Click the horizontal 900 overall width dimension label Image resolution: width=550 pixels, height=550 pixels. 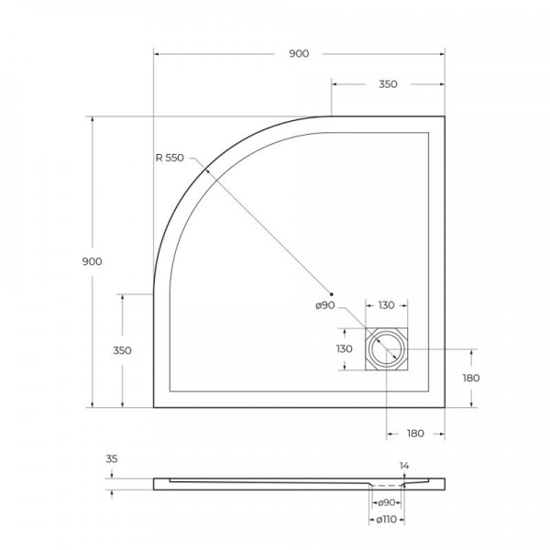(299, 54)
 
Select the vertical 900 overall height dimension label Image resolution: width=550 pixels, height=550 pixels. (92, 261)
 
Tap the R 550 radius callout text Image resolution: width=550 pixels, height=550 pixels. (170, 158)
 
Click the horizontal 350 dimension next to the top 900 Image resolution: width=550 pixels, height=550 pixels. (388, 84)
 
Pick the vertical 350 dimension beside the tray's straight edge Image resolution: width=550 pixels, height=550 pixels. (122, 350)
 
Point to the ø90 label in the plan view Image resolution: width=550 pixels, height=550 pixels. (325, 306)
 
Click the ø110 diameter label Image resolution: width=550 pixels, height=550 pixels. (387, 520)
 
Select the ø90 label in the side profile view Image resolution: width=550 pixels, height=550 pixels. (387, 502)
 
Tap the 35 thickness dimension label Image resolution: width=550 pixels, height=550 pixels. (112, 458)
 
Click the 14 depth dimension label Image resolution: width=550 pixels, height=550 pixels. (404, 466)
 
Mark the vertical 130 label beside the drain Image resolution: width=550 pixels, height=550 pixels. (344, 349)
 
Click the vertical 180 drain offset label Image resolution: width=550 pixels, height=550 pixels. (472, 378)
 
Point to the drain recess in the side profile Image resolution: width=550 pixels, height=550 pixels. (387, 484)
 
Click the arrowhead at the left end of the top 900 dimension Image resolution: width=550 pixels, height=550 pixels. (157, 54)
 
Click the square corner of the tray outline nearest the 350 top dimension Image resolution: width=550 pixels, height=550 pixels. (445, 117)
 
